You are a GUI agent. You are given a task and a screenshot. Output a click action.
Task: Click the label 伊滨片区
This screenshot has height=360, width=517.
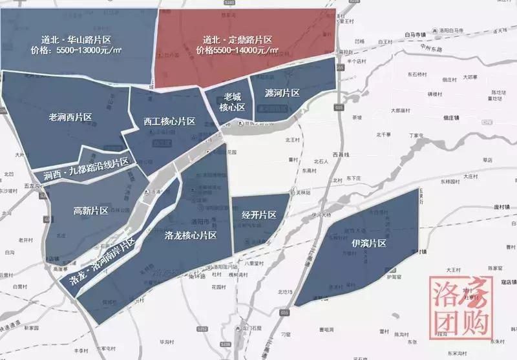[369, 244]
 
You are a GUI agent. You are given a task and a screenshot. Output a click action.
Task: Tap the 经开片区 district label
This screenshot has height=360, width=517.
[259, 215]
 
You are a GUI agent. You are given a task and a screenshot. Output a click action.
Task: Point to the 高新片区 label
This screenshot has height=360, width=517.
[90, 211]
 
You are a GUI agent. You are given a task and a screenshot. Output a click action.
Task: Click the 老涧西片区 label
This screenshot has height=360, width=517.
[70, 118]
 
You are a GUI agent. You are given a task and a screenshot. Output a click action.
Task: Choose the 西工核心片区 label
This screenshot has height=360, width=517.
[169, 121]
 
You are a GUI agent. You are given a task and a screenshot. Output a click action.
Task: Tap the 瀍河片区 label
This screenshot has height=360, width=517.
[282, 93]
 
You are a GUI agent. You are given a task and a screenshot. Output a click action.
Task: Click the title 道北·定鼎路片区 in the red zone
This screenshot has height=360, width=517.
[237, 39]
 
